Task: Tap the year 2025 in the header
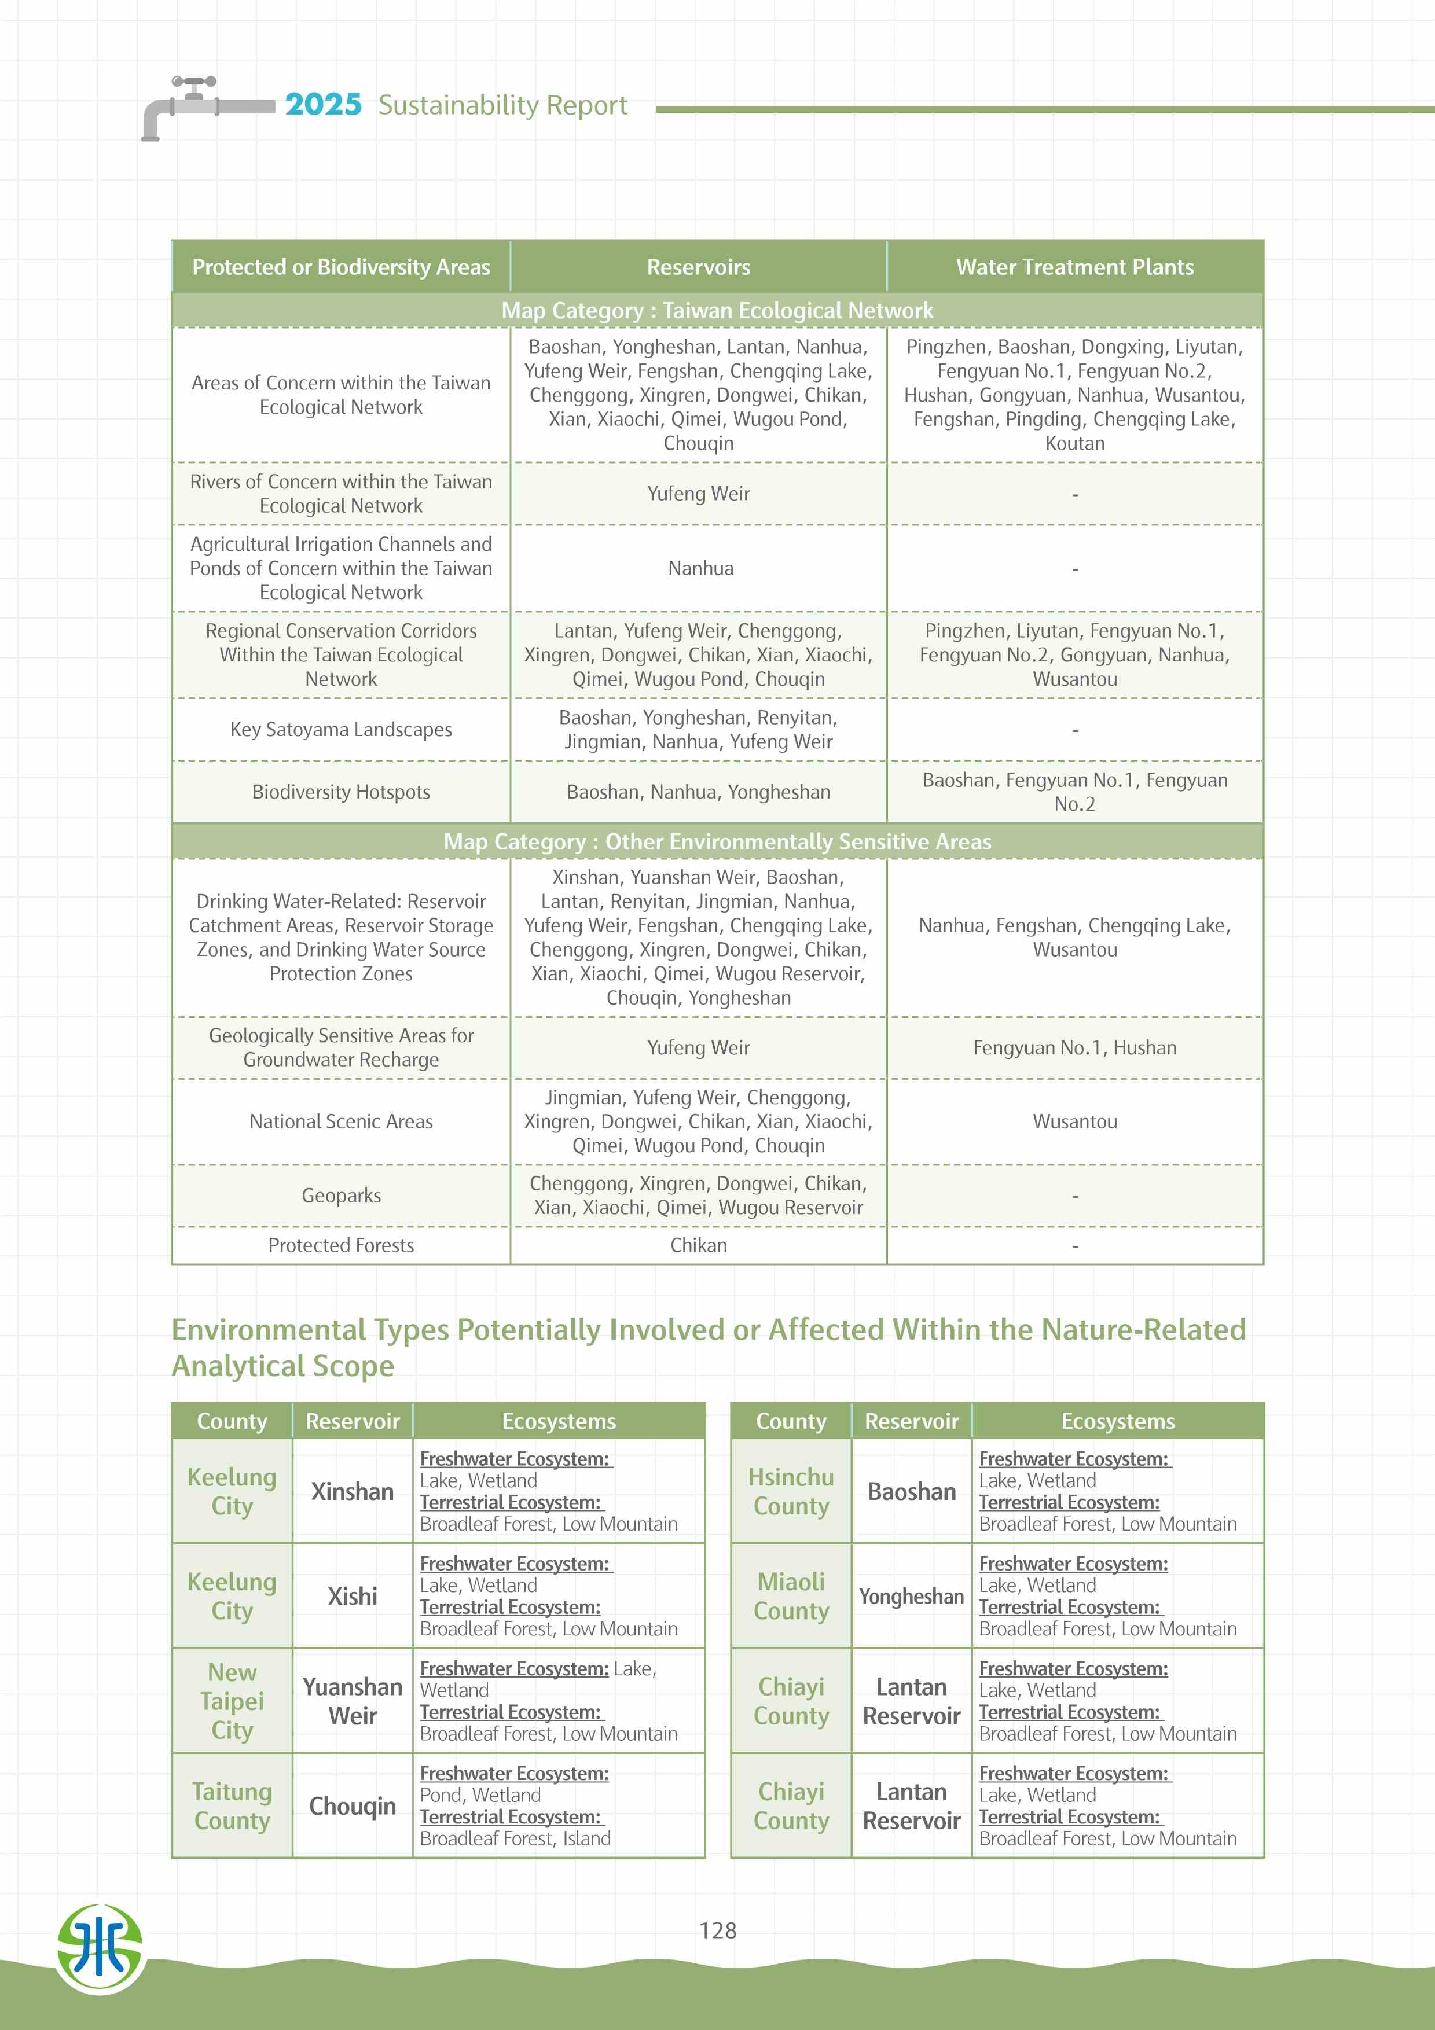[323, 104]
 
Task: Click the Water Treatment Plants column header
[1074, 267]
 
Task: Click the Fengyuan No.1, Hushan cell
[1074, 1048]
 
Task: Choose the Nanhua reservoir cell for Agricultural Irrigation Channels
[700, 568]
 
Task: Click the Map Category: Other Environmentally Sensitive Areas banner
[717, 842]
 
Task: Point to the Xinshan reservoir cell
[352, 1492]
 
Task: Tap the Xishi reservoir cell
[352, 1596]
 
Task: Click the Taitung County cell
[232, 1805]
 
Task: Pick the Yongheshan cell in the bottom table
[911, 1596]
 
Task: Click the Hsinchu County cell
[791, 1492]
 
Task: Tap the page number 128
[717, 1930]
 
